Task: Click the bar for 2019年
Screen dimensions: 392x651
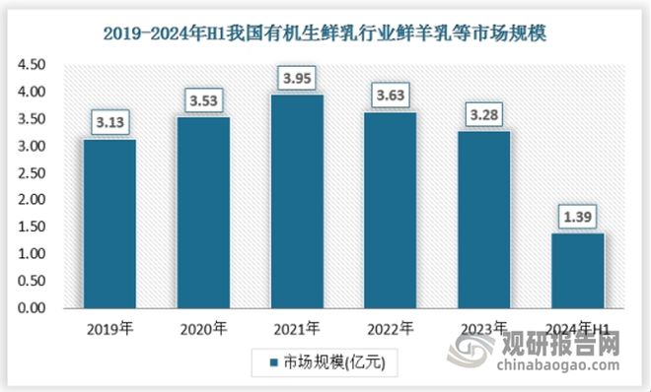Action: [x=108, y=223]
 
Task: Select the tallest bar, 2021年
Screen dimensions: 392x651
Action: [x=298, y=201]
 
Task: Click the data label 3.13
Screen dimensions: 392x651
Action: [x=108, y=121]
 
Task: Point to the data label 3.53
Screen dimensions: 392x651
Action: [x=203, y=99]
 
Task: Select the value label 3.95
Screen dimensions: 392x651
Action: [x=298, y=77]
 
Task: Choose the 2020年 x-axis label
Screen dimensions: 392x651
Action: [x=203, y=328]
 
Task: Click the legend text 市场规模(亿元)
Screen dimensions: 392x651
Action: [x=326, y=362]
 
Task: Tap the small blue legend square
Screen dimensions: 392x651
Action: [x=271, y=362]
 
